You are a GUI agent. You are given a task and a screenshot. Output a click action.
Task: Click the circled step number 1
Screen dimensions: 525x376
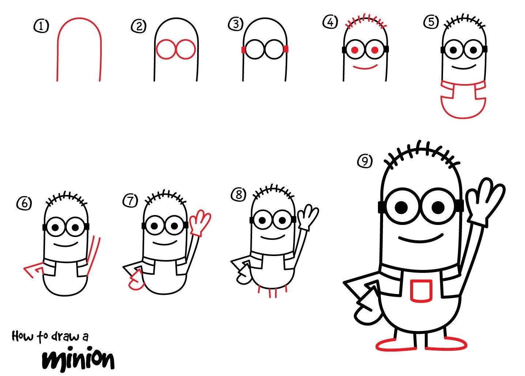click(41, 26)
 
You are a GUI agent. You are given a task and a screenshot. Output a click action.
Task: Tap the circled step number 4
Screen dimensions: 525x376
click(330, 22)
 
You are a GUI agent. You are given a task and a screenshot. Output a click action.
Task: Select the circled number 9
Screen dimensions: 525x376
click(365, 161)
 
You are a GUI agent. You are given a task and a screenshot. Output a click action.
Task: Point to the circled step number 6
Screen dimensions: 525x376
click(25, 203)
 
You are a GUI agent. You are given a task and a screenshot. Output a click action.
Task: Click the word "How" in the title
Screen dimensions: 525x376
click(22, 336)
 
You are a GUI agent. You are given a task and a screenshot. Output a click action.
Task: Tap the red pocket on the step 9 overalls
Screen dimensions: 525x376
click(421, 291)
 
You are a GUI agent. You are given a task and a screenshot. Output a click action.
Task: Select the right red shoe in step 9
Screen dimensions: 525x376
click(446, 343)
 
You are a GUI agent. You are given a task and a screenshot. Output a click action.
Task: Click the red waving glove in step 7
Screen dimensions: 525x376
click(200, 222)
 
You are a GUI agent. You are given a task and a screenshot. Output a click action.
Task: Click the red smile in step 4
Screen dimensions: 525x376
click(365, 67)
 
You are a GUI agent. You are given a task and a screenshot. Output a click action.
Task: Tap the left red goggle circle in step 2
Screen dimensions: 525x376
click(166, 49)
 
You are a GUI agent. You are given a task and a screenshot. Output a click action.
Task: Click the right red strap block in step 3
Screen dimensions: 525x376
click(286, 49)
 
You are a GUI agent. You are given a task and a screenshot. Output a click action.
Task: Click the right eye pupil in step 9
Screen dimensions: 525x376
click(438, 207)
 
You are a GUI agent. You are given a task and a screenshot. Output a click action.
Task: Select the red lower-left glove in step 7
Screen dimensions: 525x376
click(136, 280)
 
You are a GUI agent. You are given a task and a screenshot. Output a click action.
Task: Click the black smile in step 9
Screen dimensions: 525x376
click(421, 239)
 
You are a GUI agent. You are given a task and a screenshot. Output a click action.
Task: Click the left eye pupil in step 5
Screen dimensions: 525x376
click(453, 50)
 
